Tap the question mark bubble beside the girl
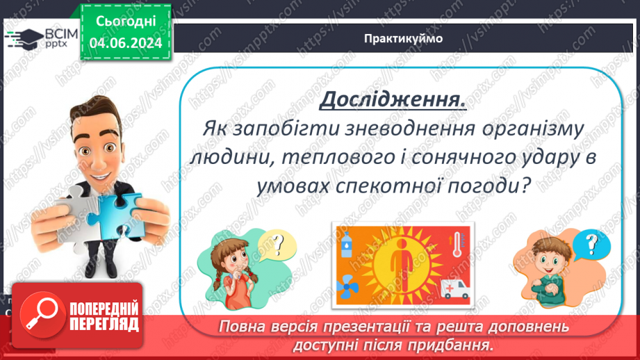277,245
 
